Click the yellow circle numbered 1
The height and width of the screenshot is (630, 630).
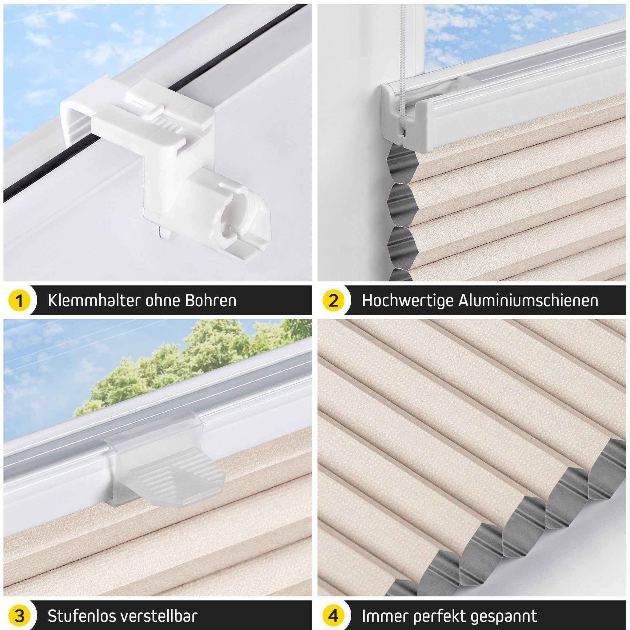point(19,300)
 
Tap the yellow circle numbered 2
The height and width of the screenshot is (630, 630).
point(333,300)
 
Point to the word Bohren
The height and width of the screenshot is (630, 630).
point(211,300)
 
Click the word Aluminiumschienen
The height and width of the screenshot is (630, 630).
point(528,300)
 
